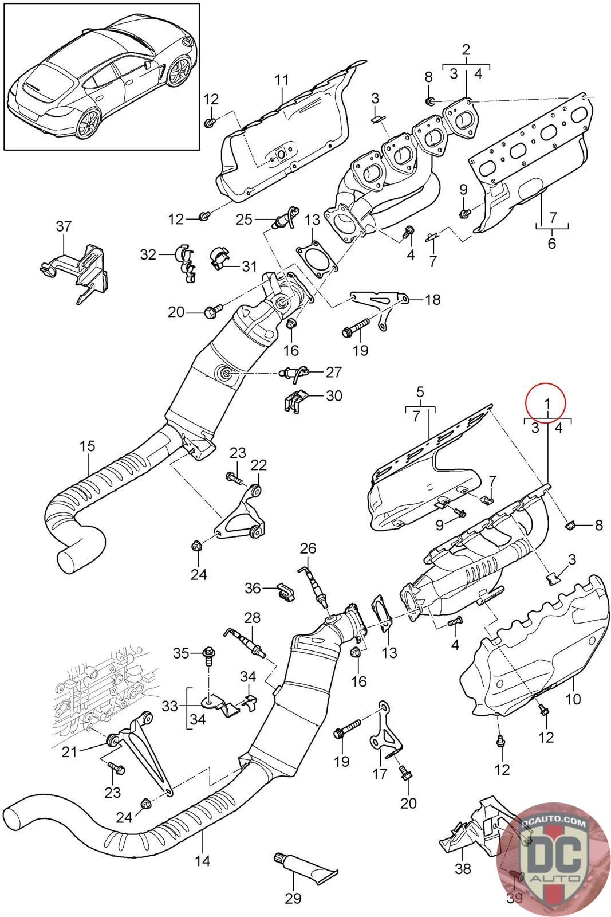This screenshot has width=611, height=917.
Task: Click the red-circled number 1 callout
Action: pyautogui.click(x=547, y=403)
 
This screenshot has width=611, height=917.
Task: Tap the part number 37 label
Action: pyautogui.click(x=64, y=226)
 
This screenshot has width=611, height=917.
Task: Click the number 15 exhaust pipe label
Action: pyautogui.click(x=88, y=445)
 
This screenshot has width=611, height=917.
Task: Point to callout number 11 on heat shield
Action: pyautogui.click(x=281, y=80)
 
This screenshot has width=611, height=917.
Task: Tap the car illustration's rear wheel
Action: pyautogui.click(x=90, y=123)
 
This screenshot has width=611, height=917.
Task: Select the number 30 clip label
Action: pyautogui.click(x=334, y=395)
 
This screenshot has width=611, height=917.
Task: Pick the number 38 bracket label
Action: pyautogui.click(x=463, y=869)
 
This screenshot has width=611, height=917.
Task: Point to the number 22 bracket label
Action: pyautogui.click(x=258, y=464)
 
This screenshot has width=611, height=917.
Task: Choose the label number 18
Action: pyautogui.click(x=433, y=299)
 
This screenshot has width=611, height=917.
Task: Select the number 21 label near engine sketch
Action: pyautogui.click(x=69, y=751)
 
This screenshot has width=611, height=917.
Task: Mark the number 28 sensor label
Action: pyautogui.click(x=252, y=618)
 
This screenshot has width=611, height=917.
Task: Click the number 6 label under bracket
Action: pyautogui.click(x=551, y=244)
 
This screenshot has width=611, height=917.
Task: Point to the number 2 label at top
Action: pyautogui.click(x=466, y=49)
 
